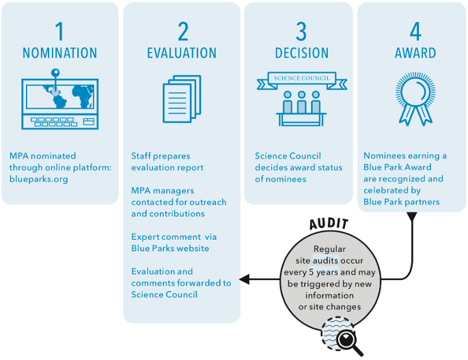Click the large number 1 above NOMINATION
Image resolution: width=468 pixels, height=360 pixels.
point(59,31)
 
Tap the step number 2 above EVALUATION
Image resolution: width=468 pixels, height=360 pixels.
point(182,31)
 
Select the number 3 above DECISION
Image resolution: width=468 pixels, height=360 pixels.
point(301,31)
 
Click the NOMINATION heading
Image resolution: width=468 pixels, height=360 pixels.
point(60,53)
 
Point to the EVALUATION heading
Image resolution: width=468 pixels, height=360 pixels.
point(182,53)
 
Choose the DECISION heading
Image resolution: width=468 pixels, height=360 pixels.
point(301,53)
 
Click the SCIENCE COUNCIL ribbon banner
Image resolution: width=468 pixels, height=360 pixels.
point(301,79)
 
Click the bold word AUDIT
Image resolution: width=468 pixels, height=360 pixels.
point(329,223)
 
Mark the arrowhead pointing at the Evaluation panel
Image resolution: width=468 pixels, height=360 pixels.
point(244,279)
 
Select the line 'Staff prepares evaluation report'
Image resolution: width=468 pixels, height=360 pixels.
point(167,161)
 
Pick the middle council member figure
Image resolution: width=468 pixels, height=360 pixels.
point(301,102)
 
